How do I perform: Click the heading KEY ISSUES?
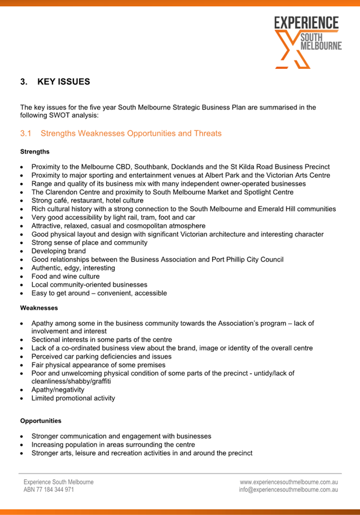63,82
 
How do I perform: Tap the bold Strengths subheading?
35,151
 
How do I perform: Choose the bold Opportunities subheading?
41,421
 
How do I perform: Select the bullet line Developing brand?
59,251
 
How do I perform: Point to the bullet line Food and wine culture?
65,276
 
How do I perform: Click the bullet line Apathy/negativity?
58,390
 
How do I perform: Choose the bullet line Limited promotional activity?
73,398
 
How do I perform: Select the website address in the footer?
289,482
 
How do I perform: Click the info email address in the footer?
288,490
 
